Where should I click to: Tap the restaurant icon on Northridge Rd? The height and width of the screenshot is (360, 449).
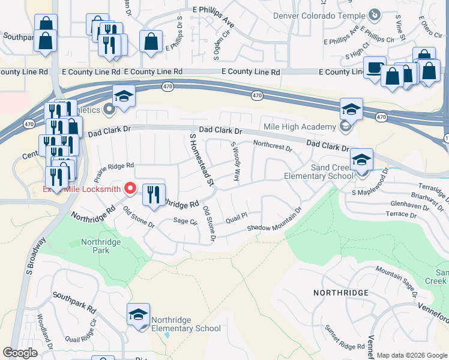click(x=153, y=194)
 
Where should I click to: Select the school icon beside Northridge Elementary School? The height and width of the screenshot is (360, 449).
click(x=138, y=314)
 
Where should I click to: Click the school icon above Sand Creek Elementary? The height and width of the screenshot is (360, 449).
click(x=361, y=160)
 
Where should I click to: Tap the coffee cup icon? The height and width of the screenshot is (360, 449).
click(x=375, y=67)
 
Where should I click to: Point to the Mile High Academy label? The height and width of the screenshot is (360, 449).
click(x=300, y=127)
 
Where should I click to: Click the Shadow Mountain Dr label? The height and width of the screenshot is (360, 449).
click(x=274, y=221)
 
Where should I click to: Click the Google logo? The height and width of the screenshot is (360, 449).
click(x=20, y=353)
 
